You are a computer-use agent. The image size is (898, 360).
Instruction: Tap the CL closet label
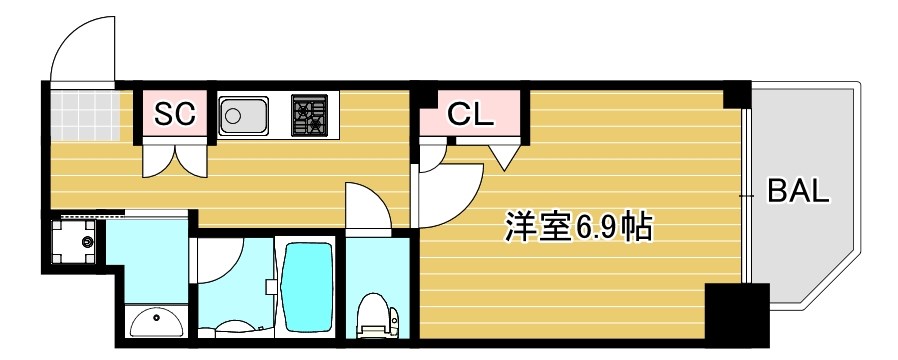coord(469,114)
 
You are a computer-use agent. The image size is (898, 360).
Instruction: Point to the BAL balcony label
coord(798,190)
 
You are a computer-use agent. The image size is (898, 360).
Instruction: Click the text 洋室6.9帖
coord(577,229)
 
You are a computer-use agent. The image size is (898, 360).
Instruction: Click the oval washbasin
coord(155,322)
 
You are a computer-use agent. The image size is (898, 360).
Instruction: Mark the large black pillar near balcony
coord(736,314)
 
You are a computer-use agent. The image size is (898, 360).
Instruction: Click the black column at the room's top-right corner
coord(736,94)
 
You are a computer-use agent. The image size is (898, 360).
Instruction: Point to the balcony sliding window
coord(747,195)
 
